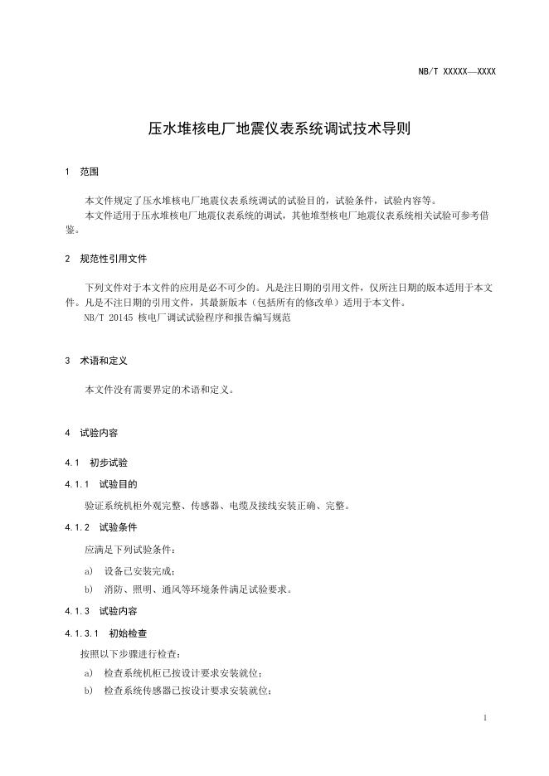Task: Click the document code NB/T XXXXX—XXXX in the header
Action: tap(457, 72)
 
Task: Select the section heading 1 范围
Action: tap(81, 172)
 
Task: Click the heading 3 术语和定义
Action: tap(95, 361)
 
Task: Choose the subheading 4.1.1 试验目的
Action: tap(100, 483)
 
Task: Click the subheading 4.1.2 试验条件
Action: tap(100, 526)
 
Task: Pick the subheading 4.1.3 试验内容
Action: tap(100, 611)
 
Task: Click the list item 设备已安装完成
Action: tap(139, 570)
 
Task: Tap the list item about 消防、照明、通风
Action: tap(197, 589)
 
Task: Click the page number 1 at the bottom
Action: tap(484, 717)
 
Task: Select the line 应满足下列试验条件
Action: tap(129, 549)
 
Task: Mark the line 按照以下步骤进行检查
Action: tap(129, 654)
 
